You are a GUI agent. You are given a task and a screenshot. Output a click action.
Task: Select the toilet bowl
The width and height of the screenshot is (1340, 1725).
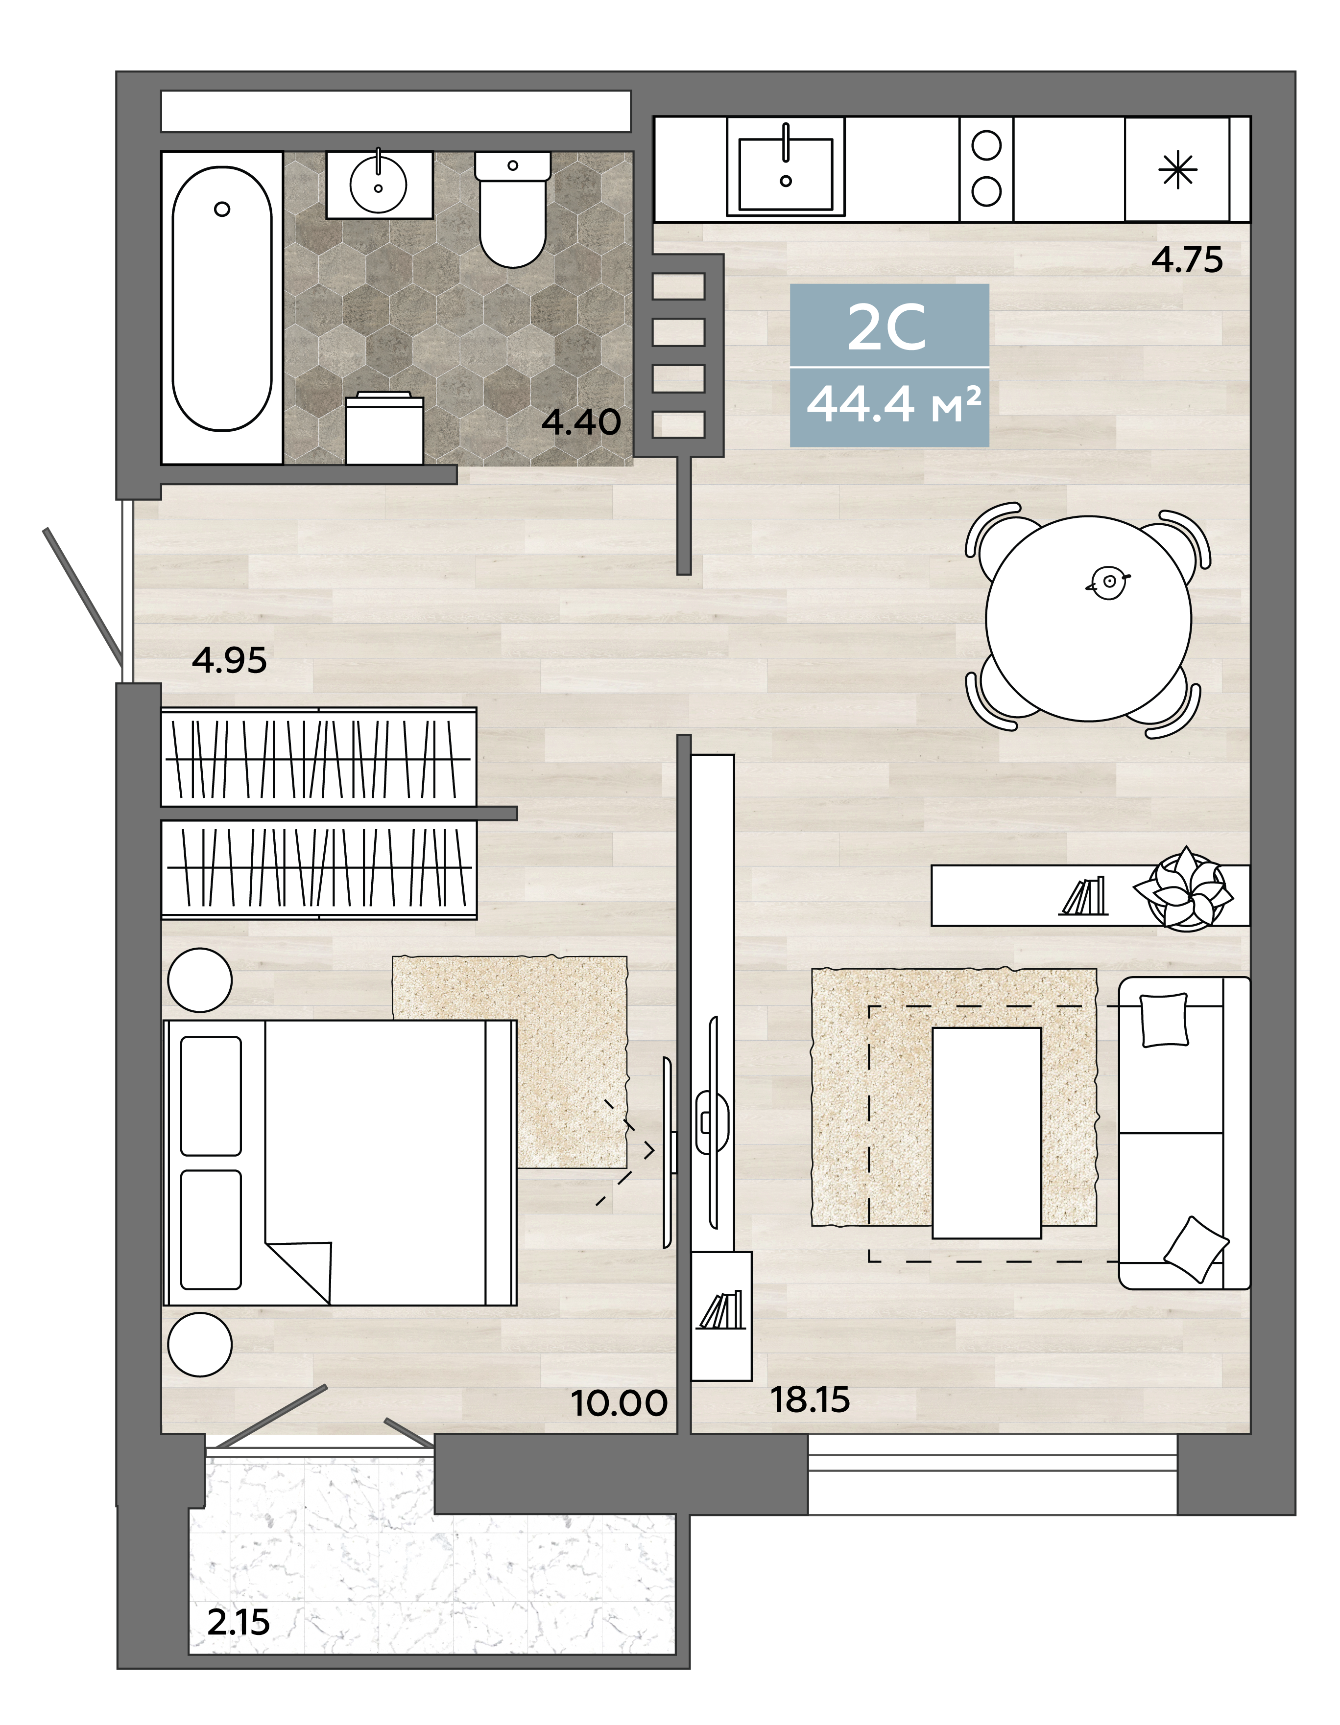click(x=513, y=210)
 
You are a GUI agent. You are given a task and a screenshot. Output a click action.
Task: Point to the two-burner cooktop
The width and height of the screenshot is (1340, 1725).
click(x=986, y=168)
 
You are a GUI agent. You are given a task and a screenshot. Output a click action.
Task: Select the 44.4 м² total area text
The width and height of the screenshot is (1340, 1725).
click(x=894, y=404)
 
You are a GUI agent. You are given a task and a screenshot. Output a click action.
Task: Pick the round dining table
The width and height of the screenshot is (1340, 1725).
click(x=1088, y=618)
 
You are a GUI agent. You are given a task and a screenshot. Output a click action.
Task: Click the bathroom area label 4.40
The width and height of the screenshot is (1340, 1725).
click(x=581, y=422)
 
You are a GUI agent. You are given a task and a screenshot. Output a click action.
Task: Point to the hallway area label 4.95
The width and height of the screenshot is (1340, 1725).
click(x=229, y=660)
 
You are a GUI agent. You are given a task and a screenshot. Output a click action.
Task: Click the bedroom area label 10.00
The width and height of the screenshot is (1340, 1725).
click(x=619, y=1403)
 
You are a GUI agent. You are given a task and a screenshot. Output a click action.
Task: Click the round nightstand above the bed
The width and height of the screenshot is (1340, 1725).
click(x=200, y=979)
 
